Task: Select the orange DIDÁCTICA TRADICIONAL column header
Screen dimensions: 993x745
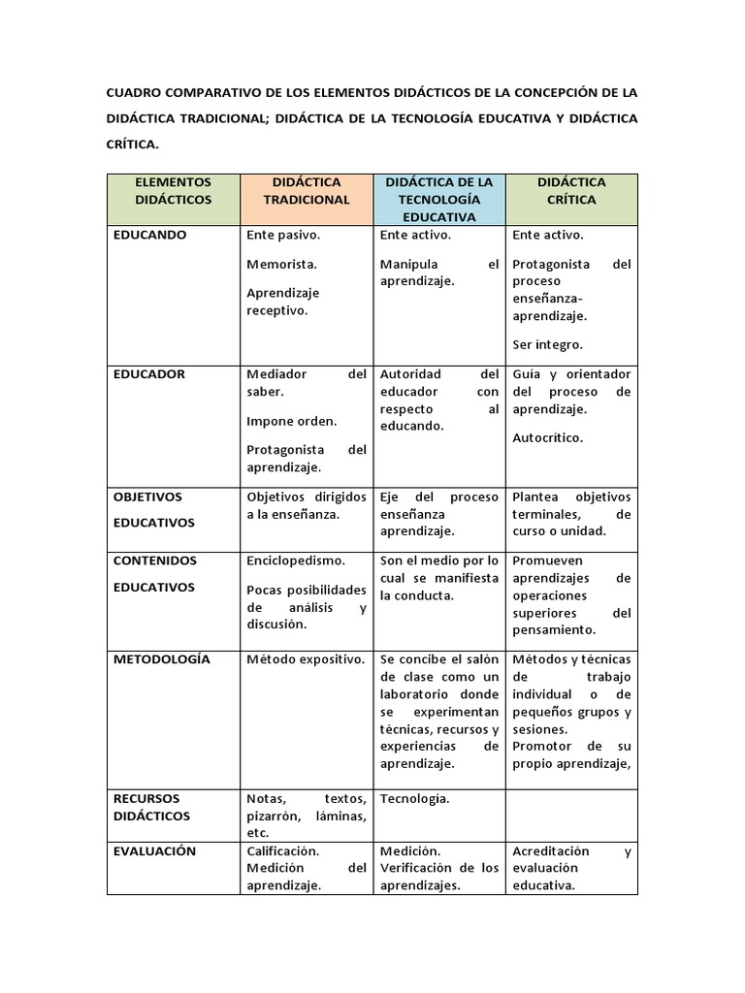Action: [306, 190]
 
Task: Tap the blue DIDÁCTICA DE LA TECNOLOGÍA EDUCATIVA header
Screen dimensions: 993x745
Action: [438, 199]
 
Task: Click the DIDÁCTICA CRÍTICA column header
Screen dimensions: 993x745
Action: [571, 190]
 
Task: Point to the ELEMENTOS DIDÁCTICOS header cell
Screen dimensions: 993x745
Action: [173, 190]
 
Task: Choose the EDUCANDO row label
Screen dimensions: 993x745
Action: [150, 235]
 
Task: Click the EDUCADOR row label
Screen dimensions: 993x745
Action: [149, 374]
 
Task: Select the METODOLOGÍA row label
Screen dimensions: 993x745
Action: [161, 659]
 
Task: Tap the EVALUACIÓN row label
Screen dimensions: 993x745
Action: [155, 851]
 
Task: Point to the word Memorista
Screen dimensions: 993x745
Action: [282, 264]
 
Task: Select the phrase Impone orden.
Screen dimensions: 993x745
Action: [291, 421]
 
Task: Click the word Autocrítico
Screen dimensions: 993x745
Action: [548, 437]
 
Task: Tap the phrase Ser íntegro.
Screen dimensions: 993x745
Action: [548, 344]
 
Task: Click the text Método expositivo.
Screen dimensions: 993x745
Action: [306, 659]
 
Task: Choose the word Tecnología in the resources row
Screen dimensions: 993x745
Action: [414, 798]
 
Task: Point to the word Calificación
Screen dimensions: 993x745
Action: [283, 851]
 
